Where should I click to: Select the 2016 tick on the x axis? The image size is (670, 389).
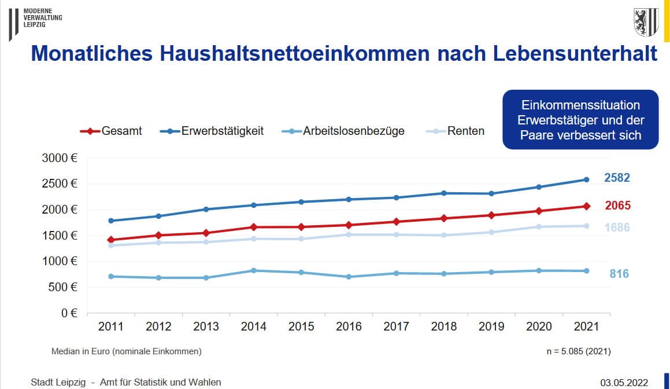pos(349,327)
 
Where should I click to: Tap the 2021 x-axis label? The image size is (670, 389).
pos(586,327)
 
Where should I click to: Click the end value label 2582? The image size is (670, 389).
pos(617,178)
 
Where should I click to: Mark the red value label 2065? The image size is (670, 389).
pos(617,205)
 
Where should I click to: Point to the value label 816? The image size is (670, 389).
pos(619,274)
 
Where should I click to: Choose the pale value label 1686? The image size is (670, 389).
pos(617,227)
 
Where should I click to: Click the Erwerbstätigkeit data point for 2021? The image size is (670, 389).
pos(586,179)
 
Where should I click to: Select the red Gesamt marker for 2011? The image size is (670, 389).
pos(110,240)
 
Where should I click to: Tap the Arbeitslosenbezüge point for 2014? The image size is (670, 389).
pos(253,270)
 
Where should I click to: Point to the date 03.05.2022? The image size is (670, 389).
pos(624,383)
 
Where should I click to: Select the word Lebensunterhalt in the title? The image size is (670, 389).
pos(575,54)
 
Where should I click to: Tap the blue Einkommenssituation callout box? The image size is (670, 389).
pos(580,120)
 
